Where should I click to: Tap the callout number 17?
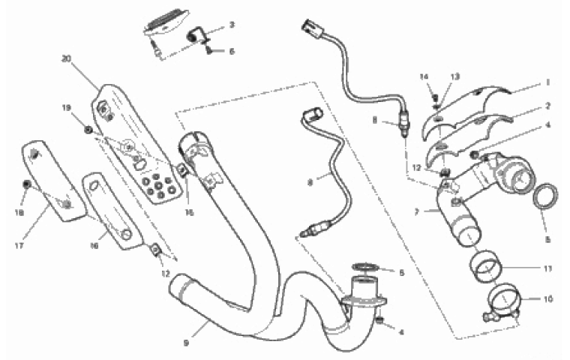tap(19, 244)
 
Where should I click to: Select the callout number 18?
tap(18, 213)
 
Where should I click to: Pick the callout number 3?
tap(232, 25)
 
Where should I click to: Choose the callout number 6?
tap(232, 51)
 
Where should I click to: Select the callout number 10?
tap(548, 298)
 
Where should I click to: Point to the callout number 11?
tap(548, 266)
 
